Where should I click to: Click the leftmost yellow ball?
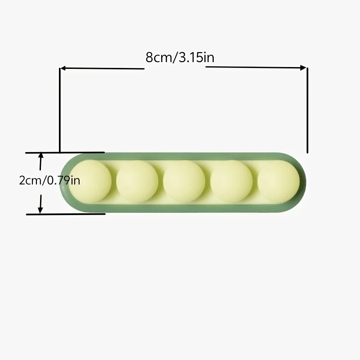[x=90, y=181]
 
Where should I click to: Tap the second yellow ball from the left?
[x=137, y=181]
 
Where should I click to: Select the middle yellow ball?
[x=184, y=181]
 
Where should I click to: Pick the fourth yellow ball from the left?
[x=231, y=181]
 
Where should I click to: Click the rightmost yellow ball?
[x=279, y=181]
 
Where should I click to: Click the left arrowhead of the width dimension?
[x=63, y=68]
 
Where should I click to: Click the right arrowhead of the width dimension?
[x=304, y=68]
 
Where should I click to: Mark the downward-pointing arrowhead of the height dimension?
[x=40, y=210]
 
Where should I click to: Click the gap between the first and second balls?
[x=114, y=181]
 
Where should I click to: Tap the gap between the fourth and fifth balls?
[x=255, y=181]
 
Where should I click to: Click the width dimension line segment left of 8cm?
[x=103, y=68]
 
